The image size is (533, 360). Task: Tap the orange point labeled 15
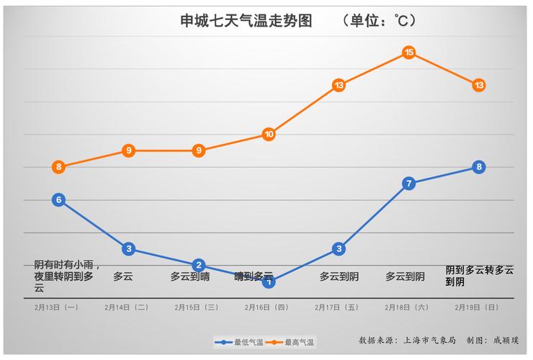click(x=408, y=53)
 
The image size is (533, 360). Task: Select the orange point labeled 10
click(x=269, y=135)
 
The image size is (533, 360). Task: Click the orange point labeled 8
click(x=58, y=167)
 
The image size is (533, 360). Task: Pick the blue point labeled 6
click(x=58, y=200)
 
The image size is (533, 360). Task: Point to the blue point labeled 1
click(x=269, y=282)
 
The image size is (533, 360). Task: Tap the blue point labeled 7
click(x=408, y=184)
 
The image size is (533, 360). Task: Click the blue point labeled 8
click(x=479, y=167)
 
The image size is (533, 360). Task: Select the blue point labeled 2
click(x=199, y=265)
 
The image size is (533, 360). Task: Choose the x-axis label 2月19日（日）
click(x=477, y=307)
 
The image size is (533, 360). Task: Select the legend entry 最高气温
click(x=296, y=342)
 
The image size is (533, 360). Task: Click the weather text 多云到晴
click(x=190, y=276)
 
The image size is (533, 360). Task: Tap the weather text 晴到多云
click(x=254, y=276)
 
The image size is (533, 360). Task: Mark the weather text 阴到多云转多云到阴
click(x=479, y=276)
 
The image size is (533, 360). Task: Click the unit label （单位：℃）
click(x=380, y=21)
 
